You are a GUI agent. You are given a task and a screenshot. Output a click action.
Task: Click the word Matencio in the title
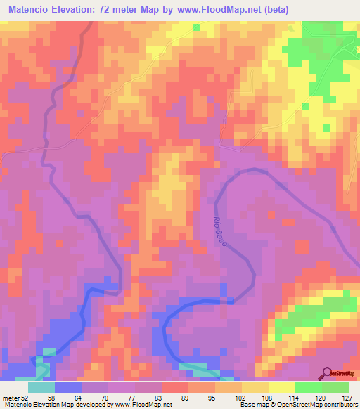coord(33,11)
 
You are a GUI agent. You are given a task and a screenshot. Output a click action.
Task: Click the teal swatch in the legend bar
coord(41,387)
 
